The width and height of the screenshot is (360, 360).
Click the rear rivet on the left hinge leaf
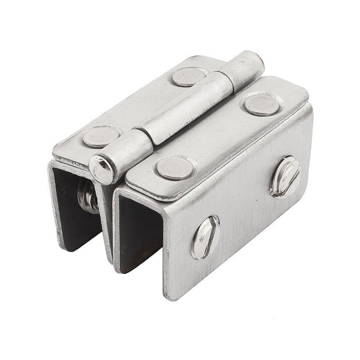click(x=189, y=76)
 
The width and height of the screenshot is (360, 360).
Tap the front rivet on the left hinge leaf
click(x=102, y=136)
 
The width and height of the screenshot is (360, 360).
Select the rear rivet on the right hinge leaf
click(x=262, y=105)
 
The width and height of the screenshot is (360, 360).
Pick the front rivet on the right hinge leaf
click(x=175, y=167)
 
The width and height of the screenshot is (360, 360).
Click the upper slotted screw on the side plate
click(x=285, y=176)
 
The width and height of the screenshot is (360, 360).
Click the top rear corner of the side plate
click(x=310, y=108)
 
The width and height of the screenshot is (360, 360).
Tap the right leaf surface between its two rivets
click(x=218, y=135)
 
